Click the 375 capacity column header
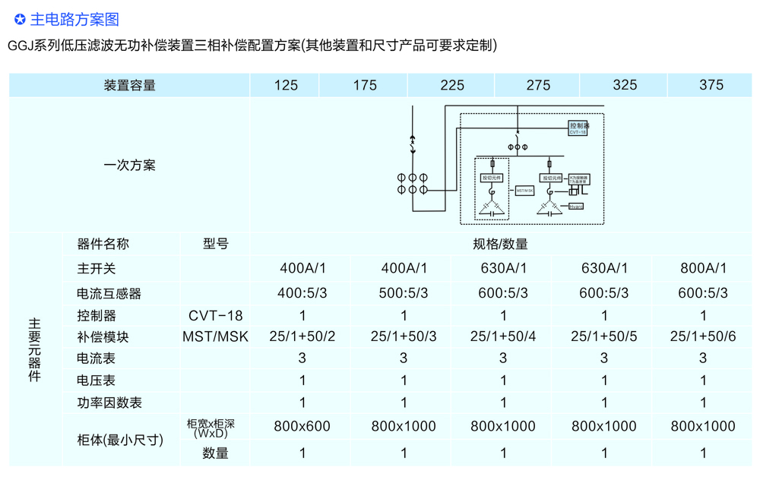coord(711,85)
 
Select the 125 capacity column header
coord(286,85)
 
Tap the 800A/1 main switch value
coord(703,268)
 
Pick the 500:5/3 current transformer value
coord(403,293)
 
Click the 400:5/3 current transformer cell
coord(302,293)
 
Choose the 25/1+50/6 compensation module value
coord(703,336)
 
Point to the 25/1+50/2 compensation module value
coord(302,336)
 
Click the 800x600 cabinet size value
coord(302,427)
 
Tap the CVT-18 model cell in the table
coord(215,315)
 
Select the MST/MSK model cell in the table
coord(215,336)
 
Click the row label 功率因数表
coord(109,403)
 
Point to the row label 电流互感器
coord(109,293)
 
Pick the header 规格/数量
coord(500,245)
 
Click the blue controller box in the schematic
coord(579,128)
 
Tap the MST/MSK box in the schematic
coord(525,191)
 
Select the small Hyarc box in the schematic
coord(576,206)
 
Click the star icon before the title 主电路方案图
coord(20,20)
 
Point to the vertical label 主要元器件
coord(35,349)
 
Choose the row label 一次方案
coord(129,166)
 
